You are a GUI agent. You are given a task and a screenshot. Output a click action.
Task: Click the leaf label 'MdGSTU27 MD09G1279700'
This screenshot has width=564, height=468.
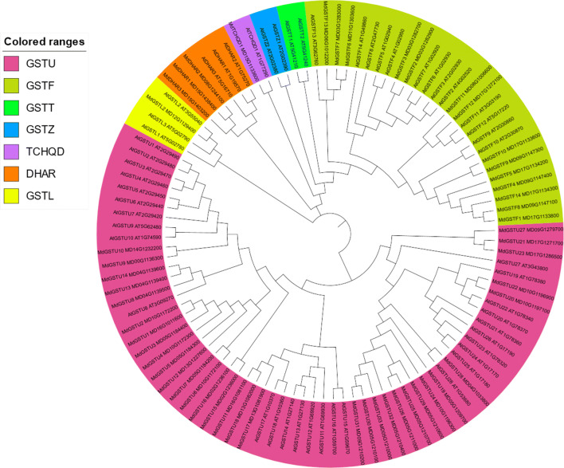(519, 230)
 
